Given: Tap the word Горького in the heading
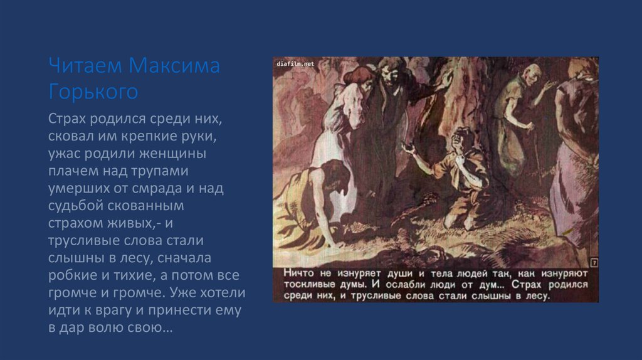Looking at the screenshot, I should (x=93, y=92).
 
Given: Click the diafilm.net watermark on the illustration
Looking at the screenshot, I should (x=295, y=64).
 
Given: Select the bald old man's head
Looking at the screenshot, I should (x=530, y=73).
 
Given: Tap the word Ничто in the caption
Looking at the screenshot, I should (x=299, y=273).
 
